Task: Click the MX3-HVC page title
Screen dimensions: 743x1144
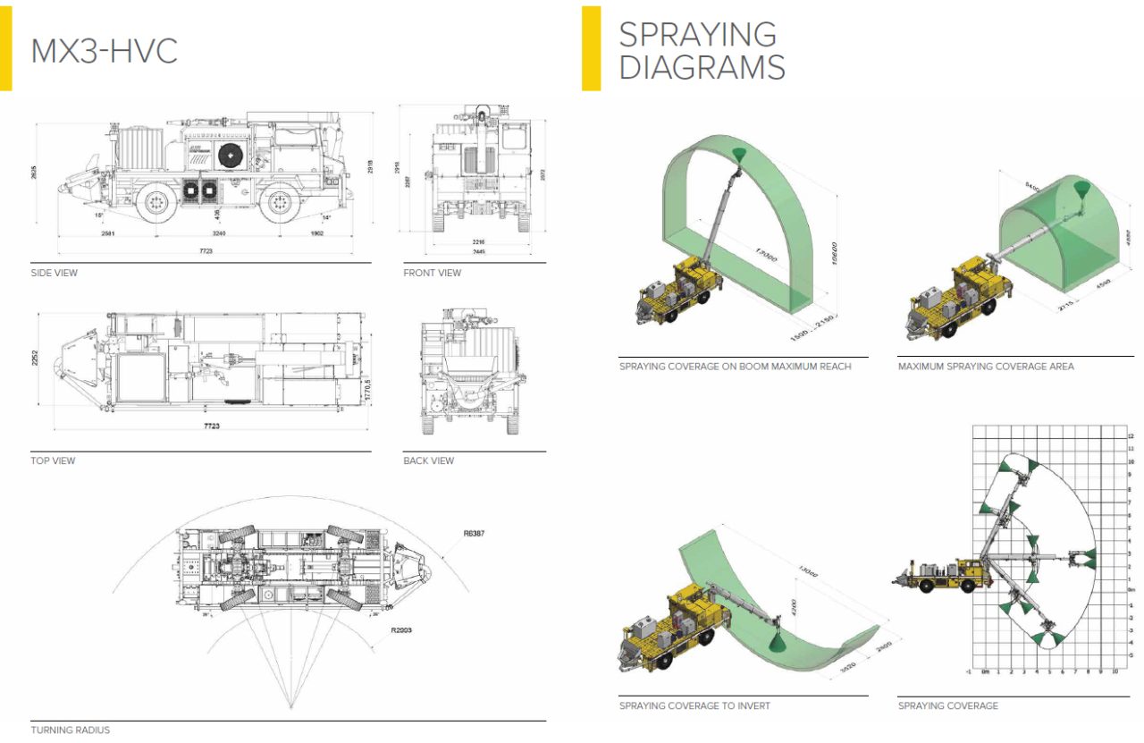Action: (x=104, y=50)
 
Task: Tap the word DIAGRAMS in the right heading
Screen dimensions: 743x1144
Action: (x=702, y=67)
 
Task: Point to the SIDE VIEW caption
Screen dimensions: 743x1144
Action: (x=54, y=273)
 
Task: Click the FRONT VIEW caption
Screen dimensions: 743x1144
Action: (x=432, y=273)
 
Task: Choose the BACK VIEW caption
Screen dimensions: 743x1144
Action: (x=428, y=460)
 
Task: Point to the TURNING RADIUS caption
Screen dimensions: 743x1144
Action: (x=70, y=730)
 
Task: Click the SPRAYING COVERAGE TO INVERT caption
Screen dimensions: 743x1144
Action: (x=694, y=706)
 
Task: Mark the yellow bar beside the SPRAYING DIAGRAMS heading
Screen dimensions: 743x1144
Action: (x=591, y=48)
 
